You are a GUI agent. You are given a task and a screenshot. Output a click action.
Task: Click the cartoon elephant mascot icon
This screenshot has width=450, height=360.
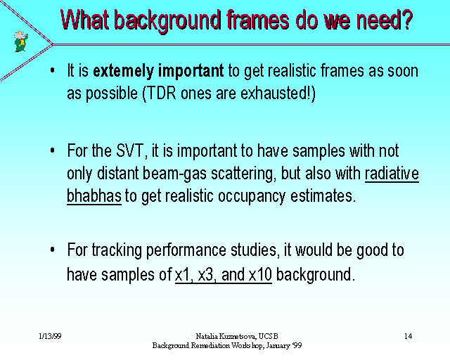21,41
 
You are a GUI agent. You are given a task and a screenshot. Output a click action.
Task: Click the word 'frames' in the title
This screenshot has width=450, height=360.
258,20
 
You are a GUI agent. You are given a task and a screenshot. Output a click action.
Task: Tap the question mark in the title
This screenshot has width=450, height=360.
406,20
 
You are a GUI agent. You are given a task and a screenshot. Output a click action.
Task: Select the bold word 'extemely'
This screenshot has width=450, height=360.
124,71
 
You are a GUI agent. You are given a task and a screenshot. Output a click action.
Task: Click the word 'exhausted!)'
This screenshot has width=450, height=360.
278,94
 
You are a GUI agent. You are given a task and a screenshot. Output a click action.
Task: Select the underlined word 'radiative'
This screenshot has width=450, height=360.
392,174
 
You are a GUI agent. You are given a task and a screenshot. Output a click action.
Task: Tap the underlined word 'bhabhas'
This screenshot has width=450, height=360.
94,196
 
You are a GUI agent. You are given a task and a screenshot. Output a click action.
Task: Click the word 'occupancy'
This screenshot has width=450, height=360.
252,197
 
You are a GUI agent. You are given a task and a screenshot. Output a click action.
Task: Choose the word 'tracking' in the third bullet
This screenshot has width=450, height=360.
117,250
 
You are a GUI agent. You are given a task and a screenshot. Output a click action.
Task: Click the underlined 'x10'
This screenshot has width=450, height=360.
260,275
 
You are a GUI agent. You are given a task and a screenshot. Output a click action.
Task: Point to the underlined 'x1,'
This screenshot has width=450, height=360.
184,275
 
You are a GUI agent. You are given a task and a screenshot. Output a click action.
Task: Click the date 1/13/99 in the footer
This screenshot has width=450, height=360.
50,336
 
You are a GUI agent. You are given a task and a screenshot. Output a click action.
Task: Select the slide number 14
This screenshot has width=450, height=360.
408,336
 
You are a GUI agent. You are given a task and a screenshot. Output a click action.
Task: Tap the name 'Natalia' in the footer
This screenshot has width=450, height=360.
206,336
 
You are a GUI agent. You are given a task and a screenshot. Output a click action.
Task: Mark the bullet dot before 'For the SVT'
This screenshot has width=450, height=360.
52,150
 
